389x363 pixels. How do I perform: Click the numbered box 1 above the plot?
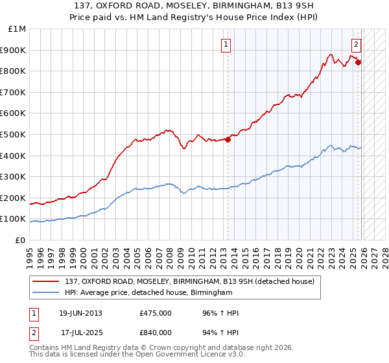[x=226, y=45]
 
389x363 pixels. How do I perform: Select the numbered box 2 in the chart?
[x=357, y=45]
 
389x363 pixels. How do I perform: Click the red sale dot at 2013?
[x=228, y=139]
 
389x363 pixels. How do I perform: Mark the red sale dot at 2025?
[x=359, y=62]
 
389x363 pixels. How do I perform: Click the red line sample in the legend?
[x=47, y=281]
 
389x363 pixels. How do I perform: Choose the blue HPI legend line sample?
[x=47, y=293]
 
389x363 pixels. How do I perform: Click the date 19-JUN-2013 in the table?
[x=80, y=313]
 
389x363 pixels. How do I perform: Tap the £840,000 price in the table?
[x=156, y=332]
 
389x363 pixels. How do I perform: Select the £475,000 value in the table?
[x=156, y=313]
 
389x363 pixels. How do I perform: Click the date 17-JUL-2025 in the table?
[x=80, y=332]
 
